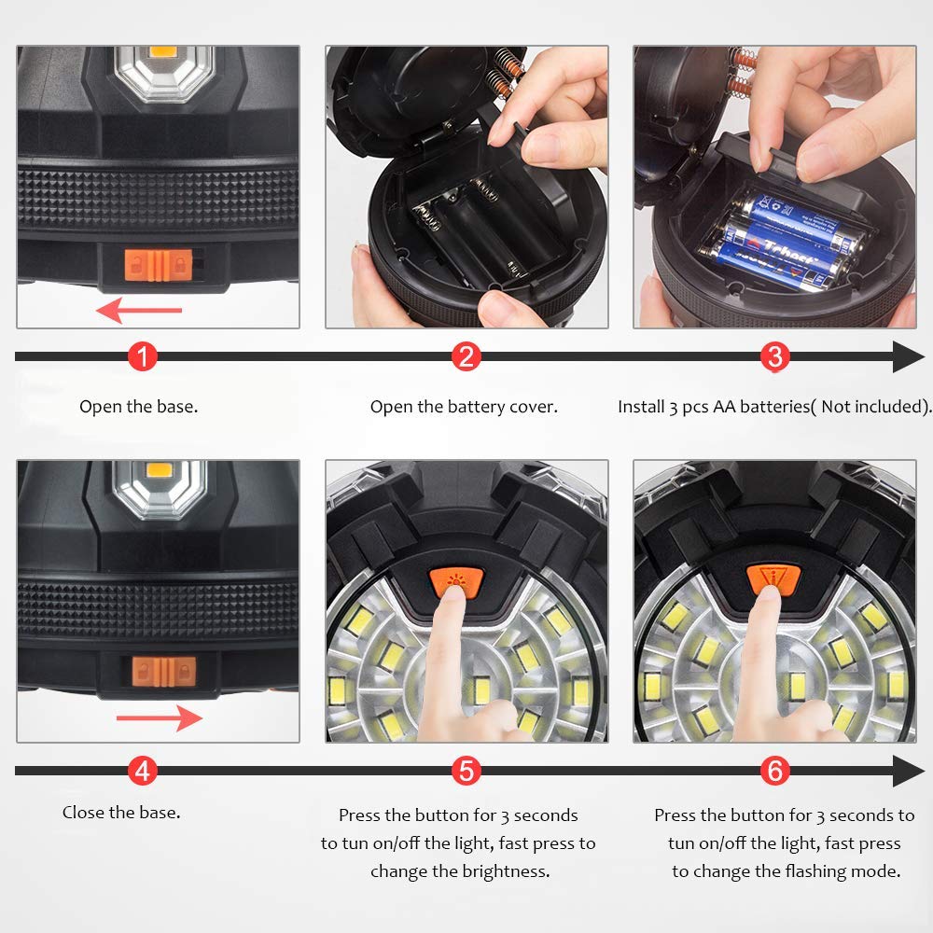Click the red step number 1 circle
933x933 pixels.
142,356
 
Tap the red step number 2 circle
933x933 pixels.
466,356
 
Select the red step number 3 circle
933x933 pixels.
774,356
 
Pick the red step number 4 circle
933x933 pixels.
142,772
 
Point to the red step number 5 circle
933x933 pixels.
466,772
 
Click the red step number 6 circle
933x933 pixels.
774,772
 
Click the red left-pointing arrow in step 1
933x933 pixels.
139,310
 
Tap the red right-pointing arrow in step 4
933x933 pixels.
160,718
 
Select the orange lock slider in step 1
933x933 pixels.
159,265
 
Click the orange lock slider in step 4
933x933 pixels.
163,672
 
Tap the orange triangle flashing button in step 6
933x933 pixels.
773,580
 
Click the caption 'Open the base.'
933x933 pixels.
139,407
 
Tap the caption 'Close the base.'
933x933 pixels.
121,813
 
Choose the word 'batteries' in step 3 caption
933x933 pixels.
774,407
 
